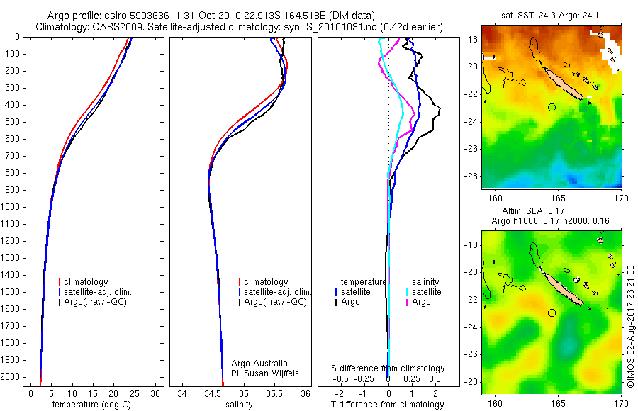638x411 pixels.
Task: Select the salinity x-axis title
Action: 239,404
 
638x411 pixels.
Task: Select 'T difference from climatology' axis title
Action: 387,405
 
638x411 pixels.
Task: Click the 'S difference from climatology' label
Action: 388,368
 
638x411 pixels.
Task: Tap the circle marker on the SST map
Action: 552,107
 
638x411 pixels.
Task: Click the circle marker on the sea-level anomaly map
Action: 552,313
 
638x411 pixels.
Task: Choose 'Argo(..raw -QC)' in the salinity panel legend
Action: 275,302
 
